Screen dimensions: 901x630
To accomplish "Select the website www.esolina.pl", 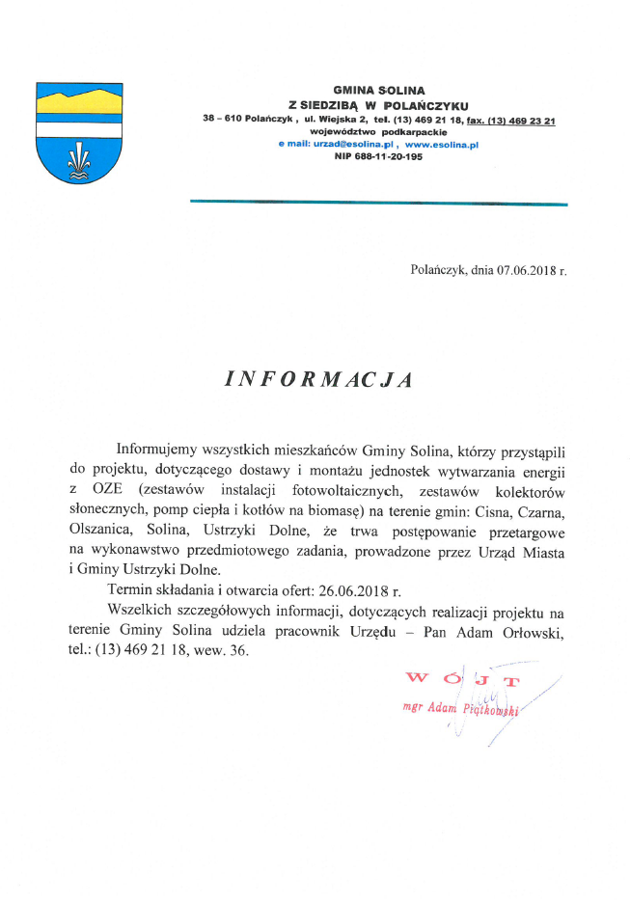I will coord(442,144).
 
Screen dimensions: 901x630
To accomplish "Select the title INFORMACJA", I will coord(317,379).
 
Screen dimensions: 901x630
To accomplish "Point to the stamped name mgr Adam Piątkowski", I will coord(461,709).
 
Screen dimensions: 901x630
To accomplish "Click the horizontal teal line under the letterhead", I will coord(378,203).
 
